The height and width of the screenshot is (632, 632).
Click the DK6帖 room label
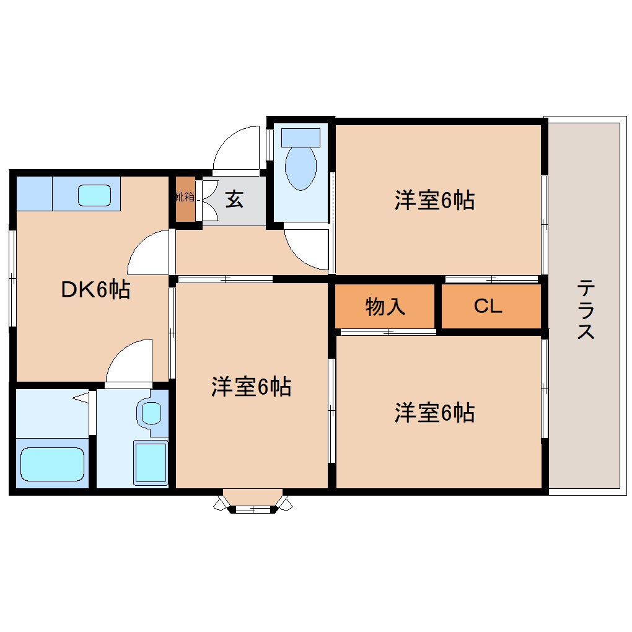tap(95, 289)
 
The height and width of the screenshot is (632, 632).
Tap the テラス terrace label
tap(586, 309)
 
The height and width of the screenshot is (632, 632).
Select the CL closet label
tap(488, 307)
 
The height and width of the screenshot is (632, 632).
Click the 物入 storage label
tap(385, 307)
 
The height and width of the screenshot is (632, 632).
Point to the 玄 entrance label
tap(234, 200)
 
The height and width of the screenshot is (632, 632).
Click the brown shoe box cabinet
tap(185, 200)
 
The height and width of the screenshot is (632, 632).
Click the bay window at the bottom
tap(253, 502)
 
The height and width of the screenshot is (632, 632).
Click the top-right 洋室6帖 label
tap(434, 200)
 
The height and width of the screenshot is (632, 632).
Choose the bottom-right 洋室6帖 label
tap(434, 412)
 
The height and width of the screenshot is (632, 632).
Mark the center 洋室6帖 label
tap(251, 387)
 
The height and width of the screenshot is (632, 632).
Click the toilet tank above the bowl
tap(301, 137)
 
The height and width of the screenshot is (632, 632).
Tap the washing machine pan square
tap(151, 462)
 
